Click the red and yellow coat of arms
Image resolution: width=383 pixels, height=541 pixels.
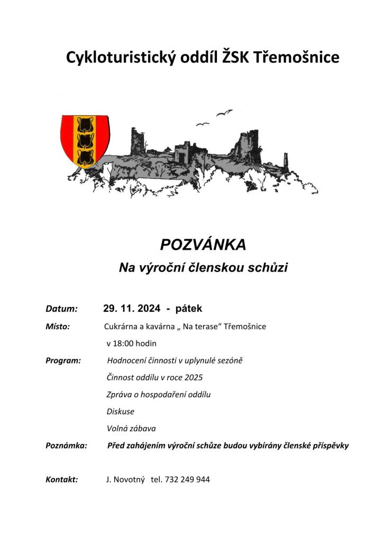(x=85, y=141)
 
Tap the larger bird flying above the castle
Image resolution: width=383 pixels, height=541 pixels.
(x=224, y=113)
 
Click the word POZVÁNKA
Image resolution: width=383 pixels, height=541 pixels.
(x=203, y=245)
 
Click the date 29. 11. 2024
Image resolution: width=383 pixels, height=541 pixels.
(x=132, y=308)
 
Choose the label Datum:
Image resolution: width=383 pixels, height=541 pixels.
(x=62, y=309)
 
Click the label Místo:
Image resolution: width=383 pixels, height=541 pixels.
(x=58, y=327)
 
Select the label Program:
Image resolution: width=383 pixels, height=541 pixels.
(x=63, y=361)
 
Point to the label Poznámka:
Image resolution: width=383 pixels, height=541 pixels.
(x=66, y=446)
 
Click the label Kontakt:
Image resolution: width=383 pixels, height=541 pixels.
(x=62, y=480)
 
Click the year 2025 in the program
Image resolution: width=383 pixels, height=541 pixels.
(x=193, y=378)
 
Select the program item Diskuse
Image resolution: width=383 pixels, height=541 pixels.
(x=121, y=411)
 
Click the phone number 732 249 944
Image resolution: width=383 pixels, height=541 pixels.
(x=188, y=480)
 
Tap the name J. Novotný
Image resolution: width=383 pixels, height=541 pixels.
(x=125, y=480)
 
